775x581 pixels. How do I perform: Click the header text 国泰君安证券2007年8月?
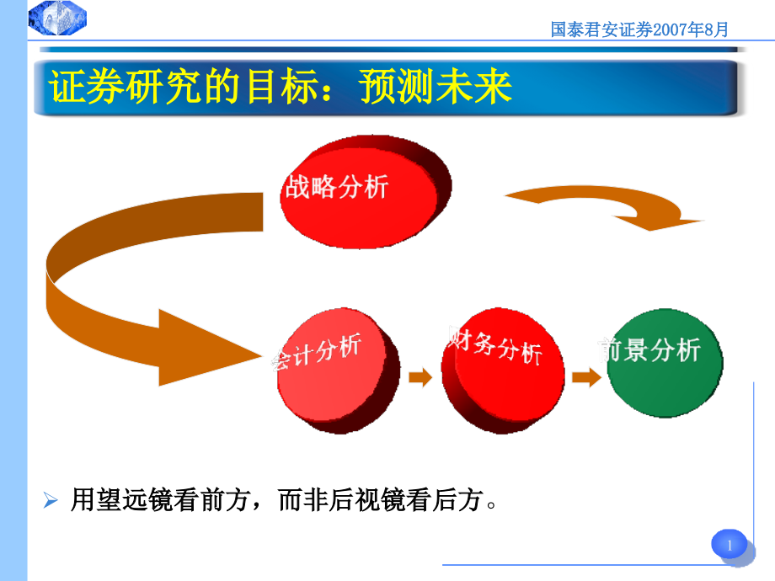(639, 29)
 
